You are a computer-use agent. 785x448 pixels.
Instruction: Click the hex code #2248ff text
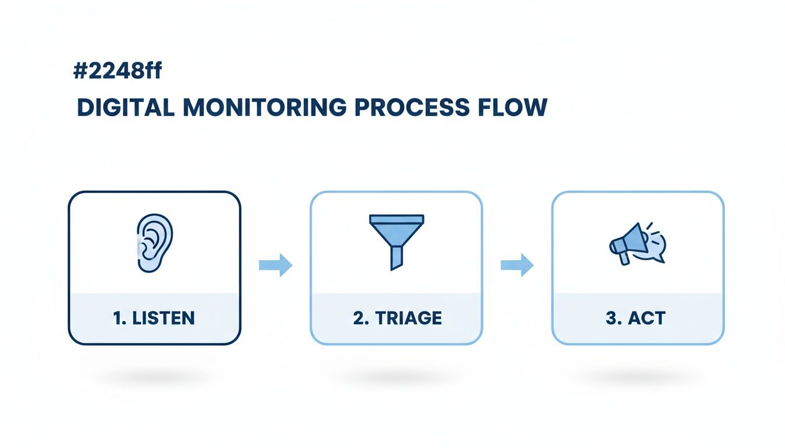(x=117, y=71)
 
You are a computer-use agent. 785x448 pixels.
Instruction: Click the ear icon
(x=154, y=243)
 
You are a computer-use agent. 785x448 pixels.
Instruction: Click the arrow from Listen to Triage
(x=275, y=265)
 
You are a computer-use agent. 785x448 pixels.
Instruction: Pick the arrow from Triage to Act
(x=517, y=265)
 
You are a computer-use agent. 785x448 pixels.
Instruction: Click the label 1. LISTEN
(x=154, y=318)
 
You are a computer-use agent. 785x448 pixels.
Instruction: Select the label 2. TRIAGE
(x=397, y=318)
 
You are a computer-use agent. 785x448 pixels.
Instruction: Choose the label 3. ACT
(x=638, y=318)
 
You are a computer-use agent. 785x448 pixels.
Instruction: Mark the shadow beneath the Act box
(x=638, y=378)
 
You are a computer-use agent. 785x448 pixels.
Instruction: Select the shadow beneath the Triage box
(x=397, y=378)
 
